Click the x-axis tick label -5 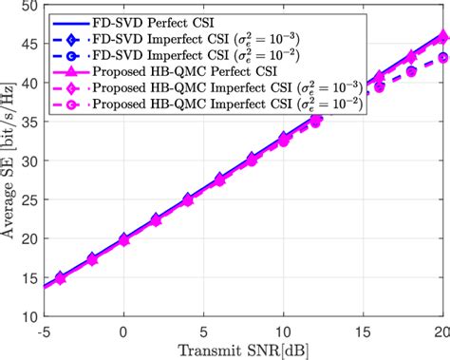coord(43,332)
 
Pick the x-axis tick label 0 coord(123,332)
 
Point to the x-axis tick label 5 coord(203,332)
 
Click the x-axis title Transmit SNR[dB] coord(243,351)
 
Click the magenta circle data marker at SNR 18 coord(411,70)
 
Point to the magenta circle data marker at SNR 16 coord(379,87)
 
